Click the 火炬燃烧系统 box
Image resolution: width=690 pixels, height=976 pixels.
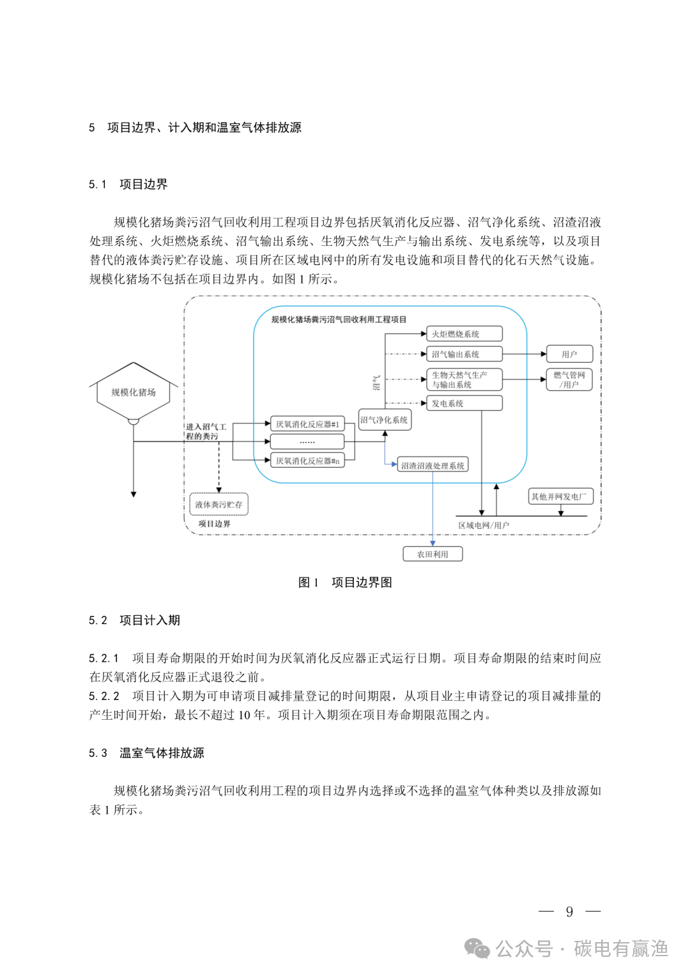coord(464,334)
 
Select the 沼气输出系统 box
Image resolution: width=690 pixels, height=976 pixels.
coord(464,354)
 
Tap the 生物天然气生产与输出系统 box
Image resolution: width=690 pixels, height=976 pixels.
coord(464,380)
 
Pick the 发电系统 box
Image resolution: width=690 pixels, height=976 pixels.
coord(464,404)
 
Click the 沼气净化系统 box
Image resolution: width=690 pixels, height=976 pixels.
coord(384,420)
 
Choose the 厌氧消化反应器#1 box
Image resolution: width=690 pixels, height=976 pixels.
coord(307,424)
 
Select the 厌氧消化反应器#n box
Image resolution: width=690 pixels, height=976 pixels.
coord(307,461)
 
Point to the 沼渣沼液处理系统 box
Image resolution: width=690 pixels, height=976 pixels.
coord(433,466)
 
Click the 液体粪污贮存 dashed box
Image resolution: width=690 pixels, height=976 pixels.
coord(218,505)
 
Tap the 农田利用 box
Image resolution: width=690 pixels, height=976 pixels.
coord(433,554)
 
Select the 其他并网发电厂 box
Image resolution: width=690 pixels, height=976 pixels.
coord(560,496)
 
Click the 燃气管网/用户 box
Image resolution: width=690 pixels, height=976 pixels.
coord(569,379)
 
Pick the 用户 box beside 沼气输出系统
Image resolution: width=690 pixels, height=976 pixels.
coord(569,354)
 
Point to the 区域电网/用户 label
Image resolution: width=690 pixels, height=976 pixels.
coord(484,525)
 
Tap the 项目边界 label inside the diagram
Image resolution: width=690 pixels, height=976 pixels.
coord(214,524)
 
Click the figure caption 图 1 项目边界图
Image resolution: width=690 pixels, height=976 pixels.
coord(345,583)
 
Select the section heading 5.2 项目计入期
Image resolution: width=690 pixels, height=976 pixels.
coord(134,620)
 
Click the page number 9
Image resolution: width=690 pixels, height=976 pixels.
coord(569,912)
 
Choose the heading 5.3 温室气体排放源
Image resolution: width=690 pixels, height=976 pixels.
coord(146,753)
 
